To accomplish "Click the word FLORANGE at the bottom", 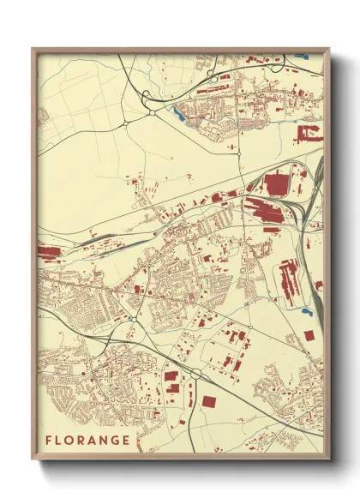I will click(x=89, y=441).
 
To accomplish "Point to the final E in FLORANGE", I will click(x=128, y=441).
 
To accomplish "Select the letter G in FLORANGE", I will click(x=117, y=441).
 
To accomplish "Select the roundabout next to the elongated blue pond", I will click(x=153, y=111).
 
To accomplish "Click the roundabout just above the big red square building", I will click(x=196, y=373).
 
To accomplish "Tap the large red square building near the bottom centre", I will click(x=208, y=400).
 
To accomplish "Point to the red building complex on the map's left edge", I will click(x=48, y=253).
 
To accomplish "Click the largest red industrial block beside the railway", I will click(x=277, y=183).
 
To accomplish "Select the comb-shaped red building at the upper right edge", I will click(x=309, y=134).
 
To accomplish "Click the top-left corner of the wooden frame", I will click(x=33, y=49).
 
